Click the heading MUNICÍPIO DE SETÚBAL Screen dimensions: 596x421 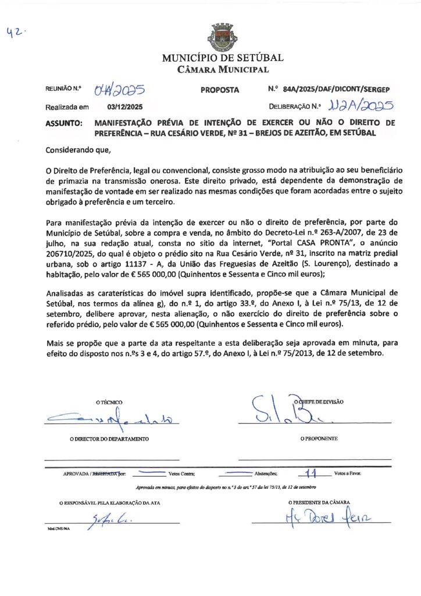[x=223, y=58]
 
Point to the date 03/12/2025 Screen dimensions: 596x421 [x=124, y=107]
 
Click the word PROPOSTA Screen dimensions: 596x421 [x=220, y=90]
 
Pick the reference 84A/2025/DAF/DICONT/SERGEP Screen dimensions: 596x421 [x=336, y=90]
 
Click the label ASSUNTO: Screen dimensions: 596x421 [x=63, y=123]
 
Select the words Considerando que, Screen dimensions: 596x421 [x=78, y=150]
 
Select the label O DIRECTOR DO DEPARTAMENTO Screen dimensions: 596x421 [x=109, y=438]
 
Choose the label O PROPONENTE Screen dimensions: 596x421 [x=319, y=438]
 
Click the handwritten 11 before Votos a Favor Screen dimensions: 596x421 [x=313, y=473]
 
